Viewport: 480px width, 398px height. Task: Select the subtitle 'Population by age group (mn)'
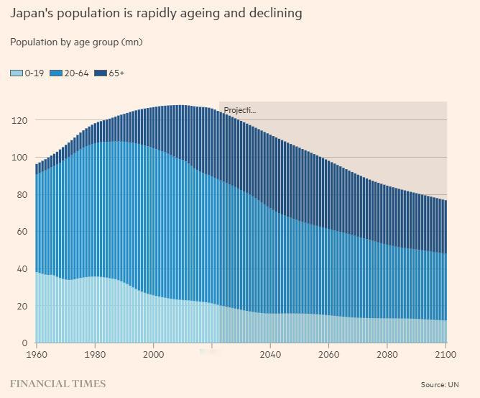76,42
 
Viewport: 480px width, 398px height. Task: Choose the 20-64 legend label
77,73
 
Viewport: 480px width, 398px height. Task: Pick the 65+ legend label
116,73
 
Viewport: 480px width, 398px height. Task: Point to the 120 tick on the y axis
19,120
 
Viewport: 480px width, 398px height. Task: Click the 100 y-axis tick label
19,158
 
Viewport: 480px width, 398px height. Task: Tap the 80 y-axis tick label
22,194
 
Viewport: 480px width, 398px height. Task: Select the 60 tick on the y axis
22,232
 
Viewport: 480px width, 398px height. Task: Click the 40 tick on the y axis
22,269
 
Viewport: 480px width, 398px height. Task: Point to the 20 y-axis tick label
22,306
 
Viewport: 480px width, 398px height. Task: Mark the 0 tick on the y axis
24,343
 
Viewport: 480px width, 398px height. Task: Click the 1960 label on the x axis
35,355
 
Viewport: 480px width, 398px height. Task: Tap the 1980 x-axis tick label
95,355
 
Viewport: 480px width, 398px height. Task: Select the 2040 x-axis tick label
270,355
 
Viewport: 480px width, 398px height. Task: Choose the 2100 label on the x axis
446,355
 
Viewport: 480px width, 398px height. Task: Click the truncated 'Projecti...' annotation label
239,111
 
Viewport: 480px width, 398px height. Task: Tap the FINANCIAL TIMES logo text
57,384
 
